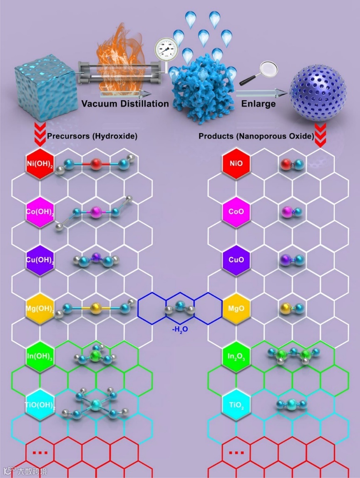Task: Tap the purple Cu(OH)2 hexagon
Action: click(40, 261)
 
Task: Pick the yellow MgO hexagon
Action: click(236, 310)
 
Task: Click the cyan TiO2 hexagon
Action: click(236, 404)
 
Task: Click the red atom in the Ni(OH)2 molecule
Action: click(95, 164)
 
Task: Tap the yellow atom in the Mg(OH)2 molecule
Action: click(95, 309)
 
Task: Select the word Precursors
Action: click(66, 136)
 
